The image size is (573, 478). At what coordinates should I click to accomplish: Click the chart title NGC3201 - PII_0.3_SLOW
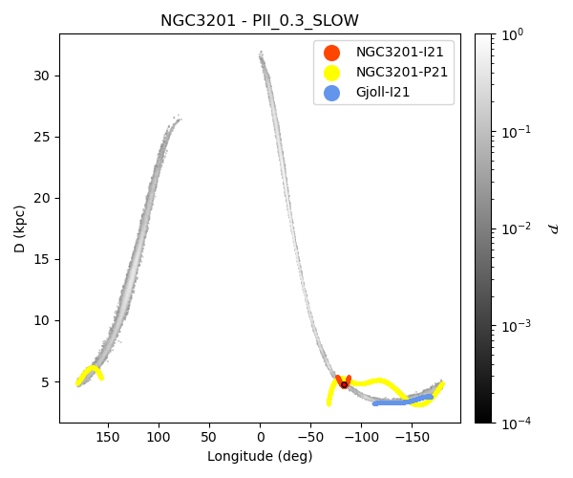coord(260,21)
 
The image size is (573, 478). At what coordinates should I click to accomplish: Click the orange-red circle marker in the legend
coord(331,53)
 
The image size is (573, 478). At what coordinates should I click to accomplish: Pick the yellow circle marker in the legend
coord(331,73)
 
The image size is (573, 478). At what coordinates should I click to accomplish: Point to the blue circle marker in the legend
coord(331,93)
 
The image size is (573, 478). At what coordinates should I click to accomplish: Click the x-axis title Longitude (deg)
coord(260,456)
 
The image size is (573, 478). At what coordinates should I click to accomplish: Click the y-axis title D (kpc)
coord(20,228)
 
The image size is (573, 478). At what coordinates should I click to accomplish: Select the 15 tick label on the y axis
coord(42,259)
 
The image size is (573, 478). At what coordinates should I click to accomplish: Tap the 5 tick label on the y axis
coord(46,381)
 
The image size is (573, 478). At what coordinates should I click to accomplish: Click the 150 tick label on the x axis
coord(108,436)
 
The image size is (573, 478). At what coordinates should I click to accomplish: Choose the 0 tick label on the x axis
coord(260,436)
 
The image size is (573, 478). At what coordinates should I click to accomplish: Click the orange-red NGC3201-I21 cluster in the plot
coord(344,382)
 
